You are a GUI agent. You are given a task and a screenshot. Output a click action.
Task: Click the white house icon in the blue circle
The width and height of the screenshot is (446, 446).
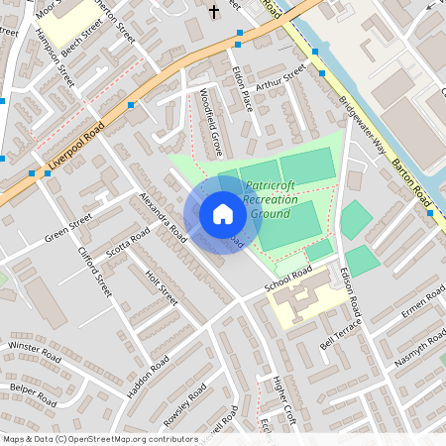coord(223,213)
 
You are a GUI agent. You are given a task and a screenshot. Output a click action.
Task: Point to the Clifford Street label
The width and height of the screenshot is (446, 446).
coord(95,271)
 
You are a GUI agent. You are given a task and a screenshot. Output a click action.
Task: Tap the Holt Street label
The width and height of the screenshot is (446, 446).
coord(162,287)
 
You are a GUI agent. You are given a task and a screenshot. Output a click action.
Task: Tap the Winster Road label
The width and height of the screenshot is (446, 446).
coord(35,348)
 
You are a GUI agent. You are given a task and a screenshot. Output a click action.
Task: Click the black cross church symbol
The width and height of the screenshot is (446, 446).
coord(215,12)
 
